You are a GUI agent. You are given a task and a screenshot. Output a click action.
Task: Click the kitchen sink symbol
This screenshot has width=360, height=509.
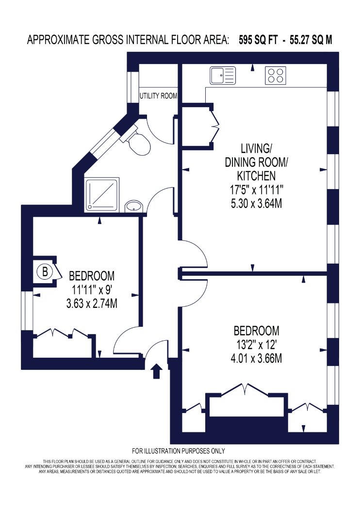click(x=223, y=75)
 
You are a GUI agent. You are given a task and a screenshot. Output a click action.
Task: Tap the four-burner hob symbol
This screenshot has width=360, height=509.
click(x=276, y=75)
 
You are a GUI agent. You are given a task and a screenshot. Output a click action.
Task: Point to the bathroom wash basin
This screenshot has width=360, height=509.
click(x=134, y=206)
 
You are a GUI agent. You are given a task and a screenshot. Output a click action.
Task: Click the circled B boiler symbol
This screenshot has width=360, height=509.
click(x=45, y=271)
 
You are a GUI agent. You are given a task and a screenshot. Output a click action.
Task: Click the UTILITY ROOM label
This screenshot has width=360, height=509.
click(x=158, y=96)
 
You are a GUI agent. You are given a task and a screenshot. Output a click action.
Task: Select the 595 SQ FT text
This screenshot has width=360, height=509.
click(x=258, y=40)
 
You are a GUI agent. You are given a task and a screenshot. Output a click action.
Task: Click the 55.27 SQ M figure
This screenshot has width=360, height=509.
click(x=311, y=40)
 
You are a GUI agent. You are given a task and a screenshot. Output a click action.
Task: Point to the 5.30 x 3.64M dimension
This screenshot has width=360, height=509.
click(x=256, y=204)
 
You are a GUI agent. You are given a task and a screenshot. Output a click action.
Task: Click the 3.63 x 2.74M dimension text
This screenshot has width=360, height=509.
click(x=92, y=303)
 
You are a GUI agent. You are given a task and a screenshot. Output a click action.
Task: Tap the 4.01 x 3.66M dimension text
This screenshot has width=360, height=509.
click(x=256, y=358)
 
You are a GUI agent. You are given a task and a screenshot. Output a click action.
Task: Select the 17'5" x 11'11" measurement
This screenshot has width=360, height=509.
click(x=257, y=190)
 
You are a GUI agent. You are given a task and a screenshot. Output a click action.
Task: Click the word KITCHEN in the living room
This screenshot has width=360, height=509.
click(x=256, y=176)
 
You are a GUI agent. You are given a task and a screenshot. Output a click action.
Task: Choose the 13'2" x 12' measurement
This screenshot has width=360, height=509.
click(x=256, y=344)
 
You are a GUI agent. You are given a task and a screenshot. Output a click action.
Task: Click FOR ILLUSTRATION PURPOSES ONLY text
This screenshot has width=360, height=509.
click(x=179, y=451)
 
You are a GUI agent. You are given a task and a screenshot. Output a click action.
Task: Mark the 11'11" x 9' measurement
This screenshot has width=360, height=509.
click(x=92, y=289)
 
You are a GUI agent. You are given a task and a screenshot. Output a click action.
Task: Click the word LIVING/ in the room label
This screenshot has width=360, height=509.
click(x=256, y=149)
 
